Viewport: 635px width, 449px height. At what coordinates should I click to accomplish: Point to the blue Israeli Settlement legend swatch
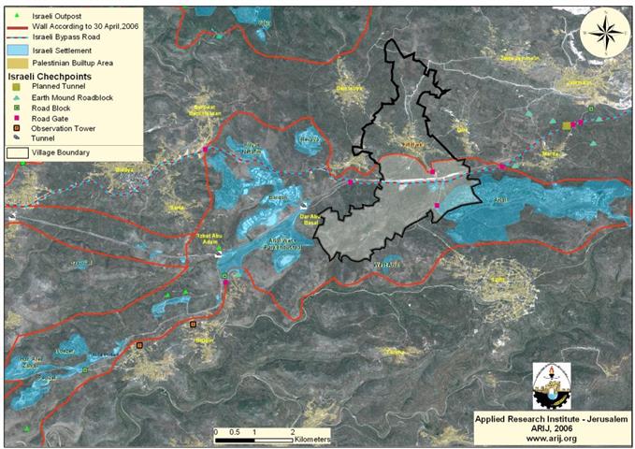click(18, 49)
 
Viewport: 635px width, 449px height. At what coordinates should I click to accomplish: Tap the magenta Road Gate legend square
click(17, 118)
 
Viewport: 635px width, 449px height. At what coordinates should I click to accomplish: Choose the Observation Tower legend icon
click(17, 128)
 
